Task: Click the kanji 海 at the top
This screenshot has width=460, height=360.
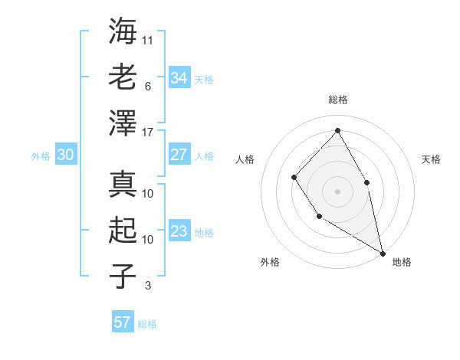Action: [123, 32]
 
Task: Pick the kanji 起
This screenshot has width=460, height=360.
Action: [123, 231]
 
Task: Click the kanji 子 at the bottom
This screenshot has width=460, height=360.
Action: [123, 276]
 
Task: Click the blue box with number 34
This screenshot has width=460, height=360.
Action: [179, 78]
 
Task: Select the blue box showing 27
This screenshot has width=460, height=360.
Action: [179, 155]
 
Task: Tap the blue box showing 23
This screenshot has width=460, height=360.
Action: [179, 231]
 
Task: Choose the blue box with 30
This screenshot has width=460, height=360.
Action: [65, 155]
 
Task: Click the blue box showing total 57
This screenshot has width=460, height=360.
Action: [122, 322]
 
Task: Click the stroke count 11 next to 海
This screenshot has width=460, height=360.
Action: [148, 41]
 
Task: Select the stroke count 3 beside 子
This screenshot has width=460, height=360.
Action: [148, 286]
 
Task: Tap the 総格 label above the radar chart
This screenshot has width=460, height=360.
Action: [337, 100]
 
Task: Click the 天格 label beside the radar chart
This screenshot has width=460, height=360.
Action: [431, 159]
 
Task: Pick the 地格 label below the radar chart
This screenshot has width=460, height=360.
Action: [402, 262]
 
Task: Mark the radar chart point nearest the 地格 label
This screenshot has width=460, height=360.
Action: [383, 253]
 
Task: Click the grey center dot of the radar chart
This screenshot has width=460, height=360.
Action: [337, 190]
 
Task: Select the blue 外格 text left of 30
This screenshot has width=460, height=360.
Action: [41, 156]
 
